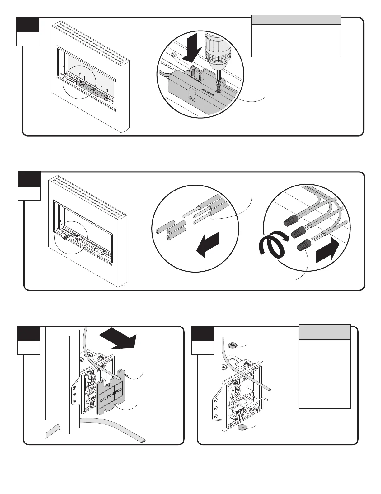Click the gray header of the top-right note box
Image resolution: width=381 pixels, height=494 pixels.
point(296,19)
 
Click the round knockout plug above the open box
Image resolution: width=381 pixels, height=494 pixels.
point(232,345)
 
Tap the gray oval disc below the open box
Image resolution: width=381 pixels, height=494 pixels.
point(242,427)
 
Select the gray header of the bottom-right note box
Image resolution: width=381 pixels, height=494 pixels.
point(325,332)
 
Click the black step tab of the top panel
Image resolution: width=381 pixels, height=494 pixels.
point(28,25)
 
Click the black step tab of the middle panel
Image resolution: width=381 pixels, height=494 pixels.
point(29,179)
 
